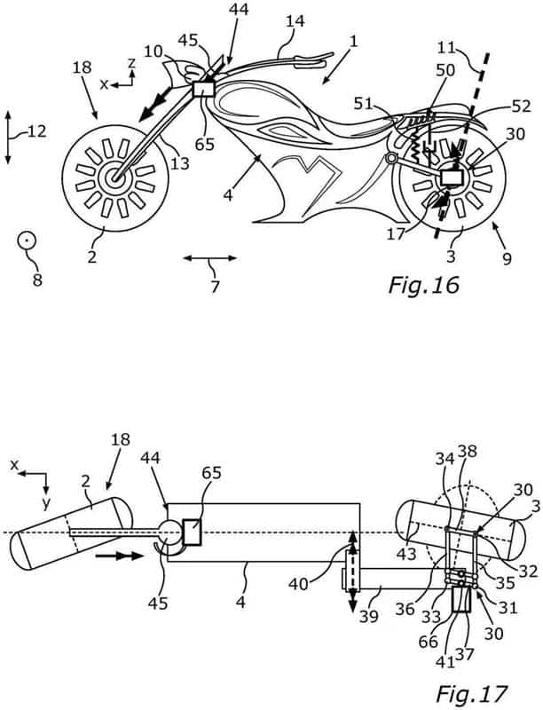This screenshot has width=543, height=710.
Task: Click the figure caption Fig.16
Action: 423,285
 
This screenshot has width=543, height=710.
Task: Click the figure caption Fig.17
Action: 471,694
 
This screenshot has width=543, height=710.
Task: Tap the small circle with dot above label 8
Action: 27,240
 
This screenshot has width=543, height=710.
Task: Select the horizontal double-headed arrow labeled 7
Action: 210,258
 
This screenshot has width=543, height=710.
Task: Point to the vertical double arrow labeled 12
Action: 8,137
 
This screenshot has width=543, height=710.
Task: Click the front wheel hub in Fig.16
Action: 114,177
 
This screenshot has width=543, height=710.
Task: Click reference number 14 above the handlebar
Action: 295,21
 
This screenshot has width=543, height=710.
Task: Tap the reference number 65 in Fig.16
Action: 205,144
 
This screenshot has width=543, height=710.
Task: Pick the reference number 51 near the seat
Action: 364,104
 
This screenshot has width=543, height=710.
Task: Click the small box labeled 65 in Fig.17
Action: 193,532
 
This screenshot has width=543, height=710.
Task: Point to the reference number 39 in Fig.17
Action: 369,616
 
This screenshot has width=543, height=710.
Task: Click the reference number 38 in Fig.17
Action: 468,452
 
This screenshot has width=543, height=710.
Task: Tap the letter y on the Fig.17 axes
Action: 46,502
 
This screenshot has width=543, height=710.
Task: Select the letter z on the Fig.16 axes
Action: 131,63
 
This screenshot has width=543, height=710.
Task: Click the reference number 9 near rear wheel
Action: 507,259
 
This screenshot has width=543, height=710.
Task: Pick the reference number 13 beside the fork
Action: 179,163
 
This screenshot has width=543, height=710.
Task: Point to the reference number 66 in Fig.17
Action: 428,642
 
